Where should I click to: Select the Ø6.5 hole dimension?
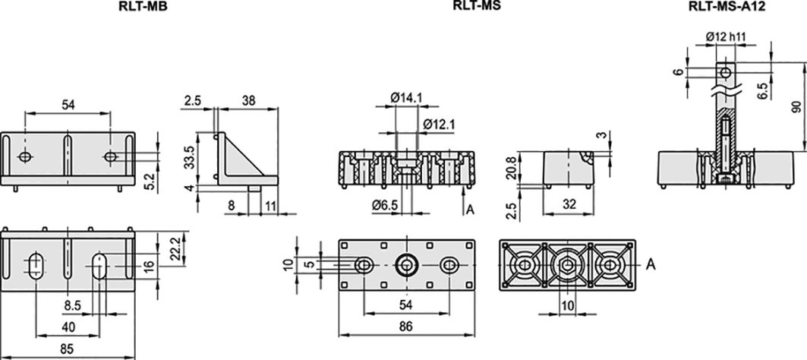coord(386,204)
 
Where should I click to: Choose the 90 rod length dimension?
coord(796,106)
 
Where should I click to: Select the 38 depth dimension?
coord(247,99)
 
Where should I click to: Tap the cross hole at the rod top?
coord(727,71)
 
